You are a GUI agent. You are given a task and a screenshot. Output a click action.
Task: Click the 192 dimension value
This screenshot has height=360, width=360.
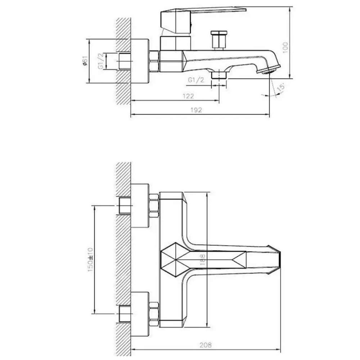click(196, 110)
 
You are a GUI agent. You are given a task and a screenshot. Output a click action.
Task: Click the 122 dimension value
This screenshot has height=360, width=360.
click(188, 96)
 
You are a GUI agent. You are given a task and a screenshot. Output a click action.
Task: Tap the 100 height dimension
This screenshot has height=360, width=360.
click(285, 48)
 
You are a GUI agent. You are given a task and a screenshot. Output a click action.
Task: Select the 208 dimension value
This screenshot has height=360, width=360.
click(206, 345)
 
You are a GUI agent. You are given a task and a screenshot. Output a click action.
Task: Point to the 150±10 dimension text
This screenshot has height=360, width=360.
click(90, 260)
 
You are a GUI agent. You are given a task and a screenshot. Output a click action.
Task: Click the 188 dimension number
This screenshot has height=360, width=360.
click(202, 260)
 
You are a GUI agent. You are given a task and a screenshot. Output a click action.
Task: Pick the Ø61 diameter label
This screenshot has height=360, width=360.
click(85, 61)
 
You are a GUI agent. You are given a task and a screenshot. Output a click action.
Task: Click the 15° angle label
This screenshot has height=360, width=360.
click(281, 87)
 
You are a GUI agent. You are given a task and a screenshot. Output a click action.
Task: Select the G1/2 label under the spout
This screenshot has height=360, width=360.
click(196, 80)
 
